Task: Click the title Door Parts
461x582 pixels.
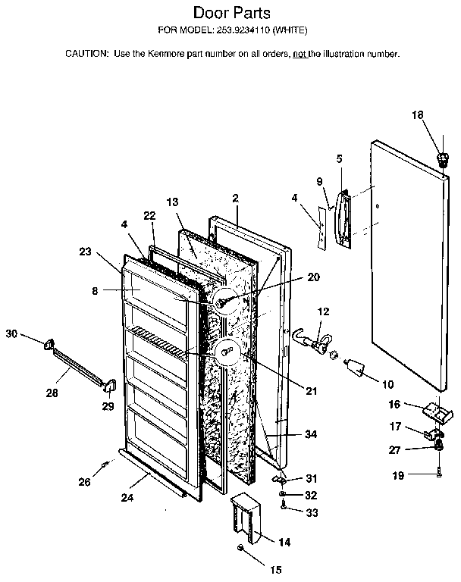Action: (x=230, y=13)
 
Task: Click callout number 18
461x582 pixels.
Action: (x=418, y=115)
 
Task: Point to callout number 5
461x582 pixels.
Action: (x=339, y=159)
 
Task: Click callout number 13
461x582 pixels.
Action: (x=172, y=202)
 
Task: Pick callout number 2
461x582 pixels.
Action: (x=236, y=199)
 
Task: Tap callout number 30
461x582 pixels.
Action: (x=11, y=333)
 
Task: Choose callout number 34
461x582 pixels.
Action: (x=311, y=434)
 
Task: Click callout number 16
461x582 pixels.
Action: (x=395, y=404)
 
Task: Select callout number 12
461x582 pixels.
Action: (x=323, y=311)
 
